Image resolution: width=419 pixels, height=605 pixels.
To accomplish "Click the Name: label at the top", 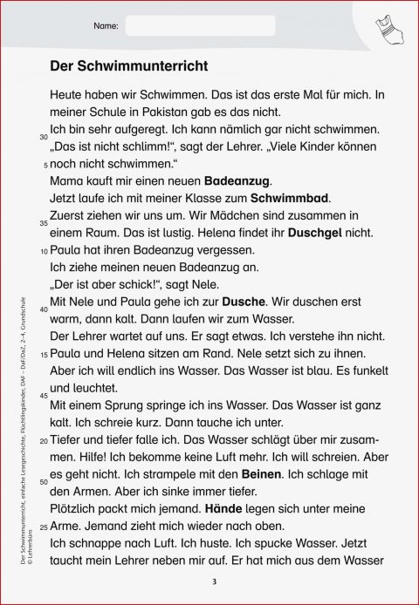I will point(105,27).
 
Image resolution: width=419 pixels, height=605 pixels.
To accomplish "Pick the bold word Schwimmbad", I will point(287,198).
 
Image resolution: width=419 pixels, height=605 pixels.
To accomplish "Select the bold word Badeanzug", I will point(237,181).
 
